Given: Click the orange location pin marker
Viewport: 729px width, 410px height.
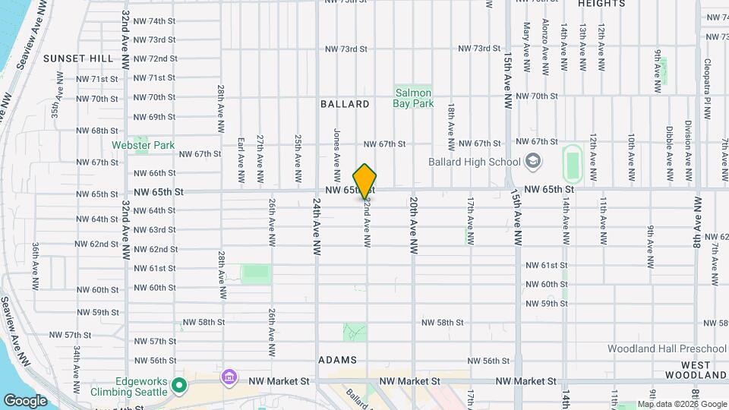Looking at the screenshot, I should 364,181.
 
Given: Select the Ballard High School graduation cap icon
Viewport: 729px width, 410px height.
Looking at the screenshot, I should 533,161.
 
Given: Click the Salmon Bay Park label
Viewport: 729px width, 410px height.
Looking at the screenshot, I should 414,98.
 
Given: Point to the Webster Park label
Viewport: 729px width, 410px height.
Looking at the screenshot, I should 143,145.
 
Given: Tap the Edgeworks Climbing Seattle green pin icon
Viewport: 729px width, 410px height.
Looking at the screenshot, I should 179,386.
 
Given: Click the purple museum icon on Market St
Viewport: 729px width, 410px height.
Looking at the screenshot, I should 228,377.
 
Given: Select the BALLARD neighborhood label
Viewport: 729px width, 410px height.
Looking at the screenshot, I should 345,104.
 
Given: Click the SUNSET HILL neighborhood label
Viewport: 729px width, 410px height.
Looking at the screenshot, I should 77,58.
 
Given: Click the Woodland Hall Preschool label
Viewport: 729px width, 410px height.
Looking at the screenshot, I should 667,348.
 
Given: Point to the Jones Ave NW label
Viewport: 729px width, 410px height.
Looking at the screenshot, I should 336,148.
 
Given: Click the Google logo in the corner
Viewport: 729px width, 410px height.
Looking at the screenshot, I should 24,400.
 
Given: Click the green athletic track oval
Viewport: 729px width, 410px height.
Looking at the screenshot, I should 573,164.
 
